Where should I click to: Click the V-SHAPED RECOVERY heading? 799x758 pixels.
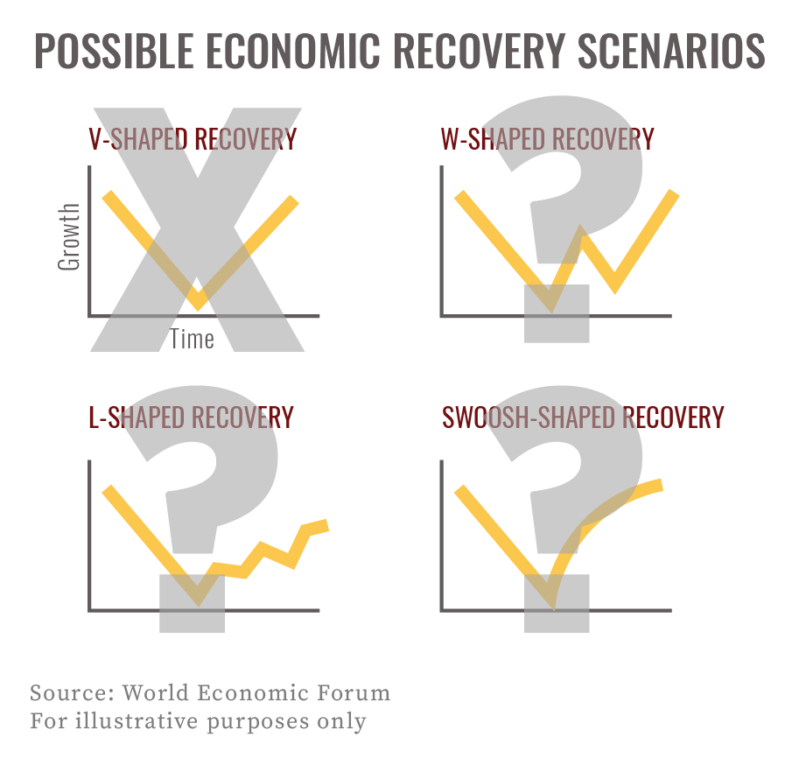[193, 139]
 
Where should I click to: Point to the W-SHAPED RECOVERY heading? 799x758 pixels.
[548, 139]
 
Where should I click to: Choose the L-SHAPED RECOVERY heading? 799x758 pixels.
[191, 418]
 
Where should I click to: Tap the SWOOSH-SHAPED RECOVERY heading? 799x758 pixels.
[583, 418]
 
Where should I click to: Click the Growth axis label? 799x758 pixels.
[69, 236]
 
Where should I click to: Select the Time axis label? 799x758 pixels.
[192, 339]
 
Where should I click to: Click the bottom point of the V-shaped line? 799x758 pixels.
[199, 303]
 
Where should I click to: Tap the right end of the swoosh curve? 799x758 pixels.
[661, 484]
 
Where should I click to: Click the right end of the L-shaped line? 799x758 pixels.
[326, 524]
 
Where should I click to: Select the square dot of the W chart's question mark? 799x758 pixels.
[557, 313]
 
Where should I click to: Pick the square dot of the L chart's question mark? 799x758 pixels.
[192, 603]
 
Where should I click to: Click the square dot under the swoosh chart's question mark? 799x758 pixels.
[557, 603]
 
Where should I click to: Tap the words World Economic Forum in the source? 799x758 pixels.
[256, 693]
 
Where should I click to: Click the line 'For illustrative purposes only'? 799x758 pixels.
[198, 721]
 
